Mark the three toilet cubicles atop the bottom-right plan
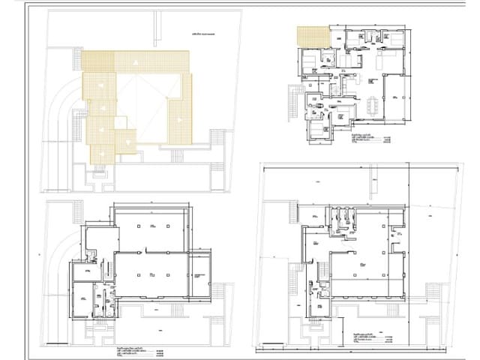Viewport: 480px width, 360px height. click(x=340, y=219)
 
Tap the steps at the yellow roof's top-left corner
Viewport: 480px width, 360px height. click(x=77, y=58)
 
